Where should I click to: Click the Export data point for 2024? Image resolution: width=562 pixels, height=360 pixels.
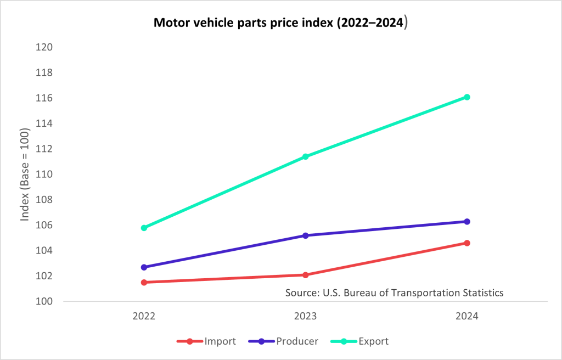coord(467,97)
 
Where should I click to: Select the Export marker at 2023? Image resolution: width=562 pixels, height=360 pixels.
coord(306,157)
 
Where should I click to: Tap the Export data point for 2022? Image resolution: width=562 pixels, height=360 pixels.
coord(144,228)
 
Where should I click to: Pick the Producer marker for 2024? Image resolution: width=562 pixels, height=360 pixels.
coord(467,222)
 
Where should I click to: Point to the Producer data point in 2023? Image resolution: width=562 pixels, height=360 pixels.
coord(306,235)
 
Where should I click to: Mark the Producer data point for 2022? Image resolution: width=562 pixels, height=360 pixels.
coord(144,267)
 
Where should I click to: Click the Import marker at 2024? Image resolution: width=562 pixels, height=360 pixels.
coord(467,243)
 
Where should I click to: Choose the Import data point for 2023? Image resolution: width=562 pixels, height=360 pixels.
coord(306,275)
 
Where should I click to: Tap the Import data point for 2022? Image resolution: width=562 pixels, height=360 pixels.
coord(144,282)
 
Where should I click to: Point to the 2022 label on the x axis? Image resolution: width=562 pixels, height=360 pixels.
coord(144,317)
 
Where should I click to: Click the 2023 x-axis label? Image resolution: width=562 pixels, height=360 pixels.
coord(306,317)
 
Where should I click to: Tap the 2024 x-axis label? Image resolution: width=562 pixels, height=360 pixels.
coord(467,317)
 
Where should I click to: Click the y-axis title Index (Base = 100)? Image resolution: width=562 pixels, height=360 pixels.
coord(25,175)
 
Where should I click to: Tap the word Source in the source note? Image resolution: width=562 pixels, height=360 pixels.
coord(300,292)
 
